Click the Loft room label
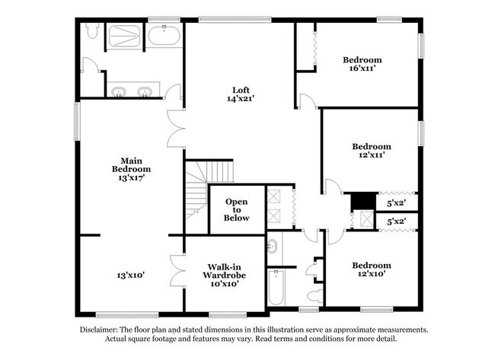241,90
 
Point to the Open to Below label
236,209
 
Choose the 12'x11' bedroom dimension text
372,155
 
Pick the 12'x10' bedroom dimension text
371,274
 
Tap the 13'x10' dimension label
131,275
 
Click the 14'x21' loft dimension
241,99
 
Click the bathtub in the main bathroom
164,35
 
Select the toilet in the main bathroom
92,31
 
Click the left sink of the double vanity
118,93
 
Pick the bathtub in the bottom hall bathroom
276,288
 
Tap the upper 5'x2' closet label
396,204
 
